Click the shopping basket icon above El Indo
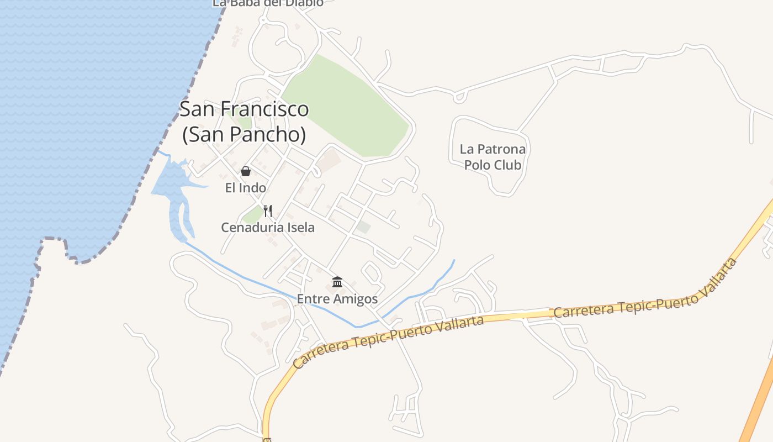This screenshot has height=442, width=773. [x=246, y=171]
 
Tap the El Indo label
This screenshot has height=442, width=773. [x=246, y=188]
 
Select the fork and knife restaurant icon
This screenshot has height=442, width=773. [x=268, y=211]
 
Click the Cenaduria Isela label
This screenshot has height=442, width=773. [x=268, y=227]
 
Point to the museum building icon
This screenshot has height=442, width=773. [x=337, y=282]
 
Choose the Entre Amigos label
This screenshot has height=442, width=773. [x=337, y=299]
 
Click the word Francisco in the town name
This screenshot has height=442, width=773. [x=265, y=109]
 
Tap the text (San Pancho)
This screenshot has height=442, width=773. [x=244, y=134]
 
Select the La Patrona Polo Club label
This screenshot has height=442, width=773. [x=493, y=157]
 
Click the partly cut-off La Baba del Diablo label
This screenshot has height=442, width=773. [x=268, y=3]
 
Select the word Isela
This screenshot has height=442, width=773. [x=298, y=227]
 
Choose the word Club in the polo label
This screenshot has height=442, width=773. [x=507, y=165]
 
